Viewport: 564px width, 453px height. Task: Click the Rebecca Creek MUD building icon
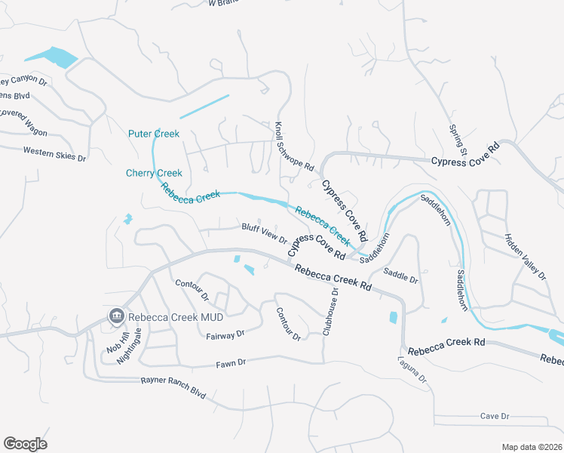pyautogui.click(x=116, y=316)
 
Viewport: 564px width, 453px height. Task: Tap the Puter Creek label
pyautogui.click(x=154, y=134)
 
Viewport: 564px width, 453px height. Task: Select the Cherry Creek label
pyautogui.click(x=154, y=173)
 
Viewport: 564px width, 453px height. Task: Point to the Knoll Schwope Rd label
pyautogui.click(x=293, y=146)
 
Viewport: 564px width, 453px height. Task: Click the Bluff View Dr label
pyautogui.click(x=264, y=233)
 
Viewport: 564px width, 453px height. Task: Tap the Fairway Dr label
pyautogui.click(x=225, y=333)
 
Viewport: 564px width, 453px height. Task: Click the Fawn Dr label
pyautogui.click(x=231, y=362)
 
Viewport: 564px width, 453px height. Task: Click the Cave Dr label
pyautogui.click(x=495, y=416)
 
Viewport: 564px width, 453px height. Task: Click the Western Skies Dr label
pyautogui.click(x=54, y=153)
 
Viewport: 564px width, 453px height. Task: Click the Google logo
pyautogui.click(x=25, y=444)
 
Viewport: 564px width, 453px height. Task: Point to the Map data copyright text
pyautogui.click(x=532, y=447)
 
